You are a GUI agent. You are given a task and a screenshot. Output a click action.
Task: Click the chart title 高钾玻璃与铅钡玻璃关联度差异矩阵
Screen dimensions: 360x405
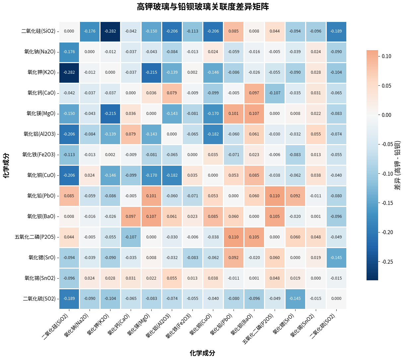click(x=203, y=7)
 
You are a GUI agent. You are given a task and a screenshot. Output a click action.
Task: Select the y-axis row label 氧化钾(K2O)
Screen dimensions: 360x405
click(x=41, y=72)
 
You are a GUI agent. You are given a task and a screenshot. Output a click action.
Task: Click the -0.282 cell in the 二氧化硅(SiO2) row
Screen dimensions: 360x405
click(x=110, y=31)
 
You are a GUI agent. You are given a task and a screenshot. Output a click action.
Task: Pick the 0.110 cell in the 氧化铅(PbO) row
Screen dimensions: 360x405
click(x=275, y=196)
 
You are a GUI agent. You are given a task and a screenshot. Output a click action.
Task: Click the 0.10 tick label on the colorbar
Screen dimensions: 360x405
click(x=386, y=56)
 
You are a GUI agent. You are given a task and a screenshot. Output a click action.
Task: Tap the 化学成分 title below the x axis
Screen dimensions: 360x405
click(x=202, y=353)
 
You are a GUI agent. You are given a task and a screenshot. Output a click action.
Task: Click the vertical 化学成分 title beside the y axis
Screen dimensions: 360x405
click(x=6, y=165)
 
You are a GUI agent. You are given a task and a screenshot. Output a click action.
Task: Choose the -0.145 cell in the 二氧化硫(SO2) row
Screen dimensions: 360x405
click(x=295, y=299)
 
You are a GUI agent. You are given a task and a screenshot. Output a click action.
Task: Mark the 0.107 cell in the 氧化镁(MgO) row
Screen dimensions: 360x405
click(x=254, y=114)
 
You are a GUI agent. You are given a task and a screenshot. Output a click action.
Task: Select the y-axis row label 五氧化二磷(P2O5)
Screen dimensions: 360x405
click(x=35, y=237)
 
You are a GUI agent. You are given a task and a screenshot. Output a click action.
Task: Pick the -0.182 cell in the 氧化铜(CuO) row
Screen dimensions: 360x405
click(x=172, y=175)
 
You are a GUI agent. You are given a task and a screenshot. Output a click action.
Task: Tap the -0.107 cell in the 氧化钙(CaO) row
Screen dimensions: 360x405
click(x=275, y=93)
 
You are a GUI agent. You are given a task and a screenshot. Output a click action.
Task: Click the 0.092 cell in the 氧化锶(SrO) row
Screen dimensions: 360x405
click(x=234, y=258)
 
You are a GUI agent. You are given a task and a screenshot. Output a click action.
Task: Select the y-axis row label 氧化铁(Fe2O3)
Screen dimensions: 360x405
click(x=39, y=155)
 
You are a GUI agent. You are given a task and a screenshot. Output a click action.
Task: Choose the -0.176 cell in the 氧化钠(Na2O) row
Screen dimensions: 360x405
click(x=69, y=52)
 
